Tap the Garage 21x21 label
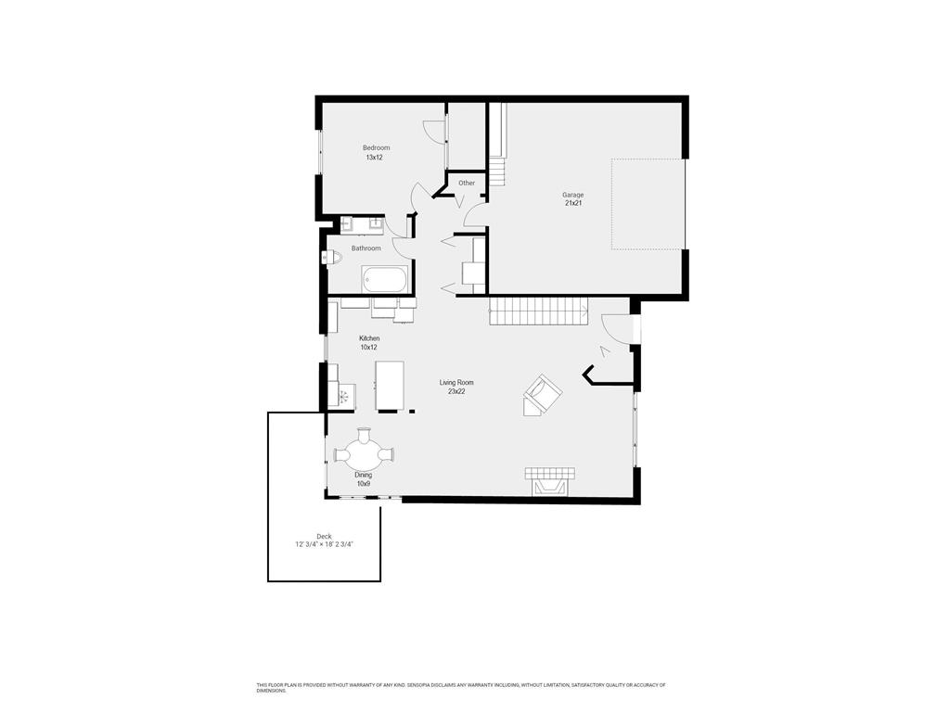(x=573, y=199)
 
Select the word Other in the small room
(x=467, y=183)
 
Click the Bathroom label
(x=366, y=248)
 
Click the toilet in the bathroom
(x=331, y=257)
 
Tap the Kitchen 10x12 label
(x=369, y=343)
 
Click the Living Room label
(x=456, y=387)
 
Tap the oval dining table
(x=365, y=454)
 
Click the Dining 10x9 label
(x=364, y=479)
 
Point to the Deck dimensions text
(x=324, y=545)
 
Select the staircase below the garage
(x=539, y=311)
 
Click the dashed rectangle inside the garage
(x=648, y=204)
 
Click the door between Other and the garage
(x=474, y=215)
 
